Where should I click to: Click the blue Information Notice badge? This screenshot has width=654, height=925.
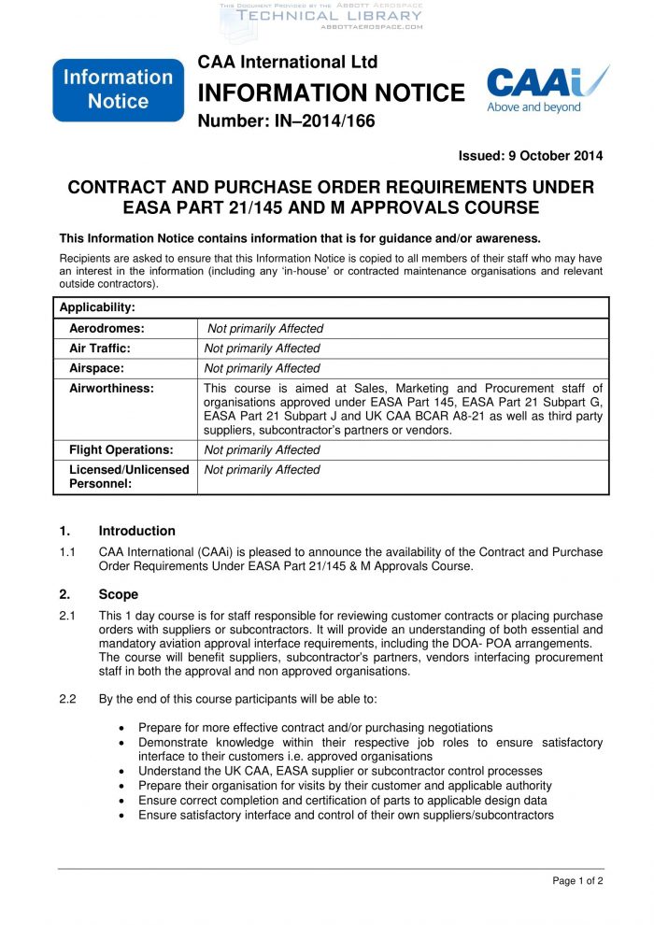pyautogui.click(x=118, y=90)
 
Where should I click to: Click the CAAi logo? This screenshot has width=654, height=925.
pyautogui.click(x=547, y=90)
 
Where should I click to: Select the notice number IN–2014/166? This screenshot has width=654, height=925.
pyautogui.click(x=286, y=121)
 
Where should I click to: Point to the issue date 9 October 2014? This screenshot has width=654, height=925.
pyautogui.click(x=530, y=155)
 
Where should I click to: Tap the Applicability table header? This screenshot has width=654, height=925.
pyautogui.click(x=97, y=307)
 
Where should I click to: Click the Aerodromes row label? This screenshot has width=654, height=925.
pyautogui.click(x=107, y=328)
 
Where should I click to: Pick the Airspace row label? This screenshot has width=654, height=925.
pyautogui.click(x=96, y=368)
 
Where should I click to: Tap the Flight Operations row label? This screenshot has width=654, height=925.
pyautogui.click(x=121, y=449)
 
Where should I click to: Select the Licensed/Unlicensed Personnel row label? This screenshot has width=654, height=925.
pyautogui.click(x=129, y=477)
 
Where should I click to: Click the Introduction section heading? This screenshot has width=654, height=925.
pyautogui.click(x=136, y=531)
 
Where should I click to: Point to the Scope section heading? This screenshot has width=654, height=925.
pyautogui.click(x=118, y=594)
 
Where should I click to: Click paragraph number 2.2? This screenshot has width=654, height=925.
pyautogui.click(x=67, y=698)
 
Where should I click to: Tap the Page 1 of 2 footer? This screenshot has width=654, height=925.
pyautogui.click(x=577, y=880)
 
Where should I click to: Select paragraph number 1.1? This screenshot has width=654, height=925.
pyautogui.click(x=67, y=552)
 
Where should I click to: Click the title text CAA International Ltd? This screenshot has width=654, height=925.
pyautogui.click(x=288, y=62)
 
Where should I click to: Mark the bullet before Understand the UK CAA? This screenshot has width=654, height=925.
pyautogui.click(x=124, y=771)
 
